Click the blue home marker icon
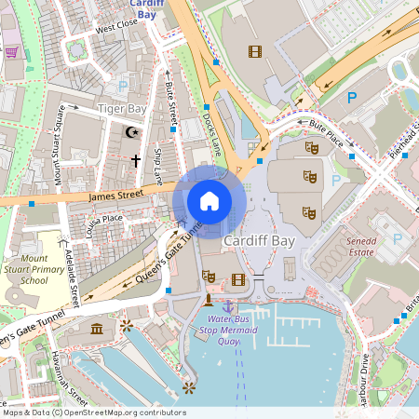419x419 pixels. pyautogui.click(x=209, y=200)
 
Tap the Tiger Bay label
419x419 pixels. pyautogui.click(x=123, y=109)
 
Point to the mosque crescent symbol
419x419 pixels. pyautogui.click(x=132, y=132)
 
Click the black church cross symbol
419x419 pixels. pyautogui.click(x=135, y=160)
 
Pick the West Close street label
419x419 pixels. pyautogui.click(x=115, y=26)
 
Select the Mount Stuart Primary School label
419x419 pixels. pyautogui.click(x=34, y=270)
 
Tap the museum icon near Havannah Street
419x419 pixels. pyautogui.click(x=98, y=328)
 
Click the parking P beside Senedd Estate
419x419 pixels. pyautogui.click(x=398, y=239)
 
